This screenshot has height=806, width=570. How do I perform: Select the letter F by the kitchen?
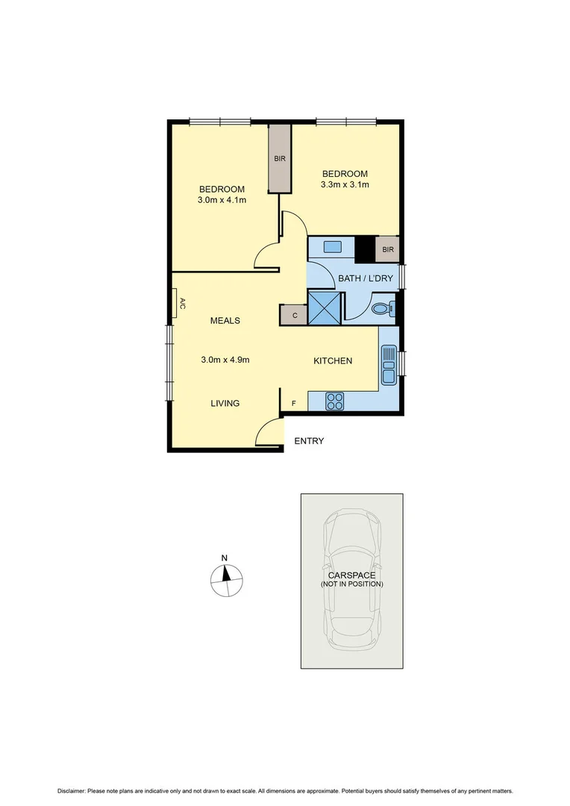[293, 404]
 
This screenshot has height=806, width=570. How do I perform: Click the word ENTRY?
[309, 441]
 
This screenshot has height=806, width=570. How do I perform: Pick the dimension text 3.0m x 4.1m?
[222, 200]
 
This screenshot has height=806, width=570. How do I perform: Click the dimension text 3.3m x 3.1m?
[345, 184]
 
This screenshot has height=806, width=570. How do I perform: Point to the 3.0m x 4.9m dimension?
[225, 359]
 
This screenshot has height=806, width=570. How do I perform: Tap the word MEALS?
[225, 320]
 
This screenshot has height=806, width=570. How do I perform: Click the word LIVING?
[225, 403]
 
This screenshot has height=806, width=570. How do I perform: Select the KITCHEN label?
[332, 360]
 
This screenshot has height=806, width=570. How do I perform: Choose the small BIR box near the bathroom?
[388, 249]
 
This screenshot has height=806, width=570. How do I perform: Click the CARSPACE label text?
[351, 575]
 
